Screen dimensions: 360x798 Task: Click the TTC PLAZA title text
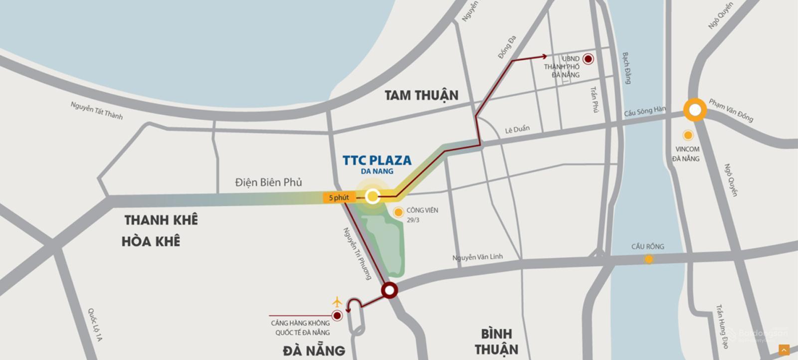click(377, 161)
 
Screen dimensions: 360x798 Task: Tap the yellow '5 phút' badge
click(339, 197)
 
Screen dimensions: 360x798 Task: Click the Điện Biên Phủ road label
click(268, 182)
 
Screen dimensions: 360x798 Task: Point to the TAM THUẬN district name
click(421, 95)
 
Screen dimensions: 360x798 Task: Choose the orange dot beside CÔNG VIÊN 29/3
click(398, 212)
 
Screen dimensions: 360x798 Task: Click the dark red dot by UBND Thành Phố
click(589, 59)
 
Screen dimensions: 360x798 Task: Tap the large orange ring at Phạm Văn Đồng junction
click(695, 110)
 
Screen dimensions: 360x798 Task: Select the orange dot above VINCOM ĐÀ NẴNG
click(688, 135)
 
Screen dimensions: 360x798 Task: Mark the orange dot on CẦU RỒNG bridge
click(648, 259)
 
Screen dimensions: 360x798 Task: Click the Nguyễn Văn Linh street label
click(477, 257)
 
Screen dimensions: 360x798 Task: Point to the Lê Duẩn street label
click(517, 129)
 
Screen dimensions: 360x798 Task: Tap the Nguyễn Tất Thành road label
click(96, 110)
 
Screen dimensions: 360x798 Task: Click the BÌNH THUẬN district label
click(496, 341)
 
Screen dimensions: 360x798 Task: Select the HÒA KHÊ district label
click(151, 242)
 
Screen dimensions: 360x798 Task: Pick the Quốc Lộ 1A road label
click(95, 324)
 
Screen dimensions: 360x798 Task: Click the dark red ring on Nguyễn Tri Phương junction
click(389, 290)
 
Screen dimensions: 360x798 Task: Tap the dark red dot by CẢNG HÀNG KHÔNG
click(337, 315)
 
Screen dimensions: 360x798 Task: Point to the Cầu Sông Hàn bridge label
click(644, 111)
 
